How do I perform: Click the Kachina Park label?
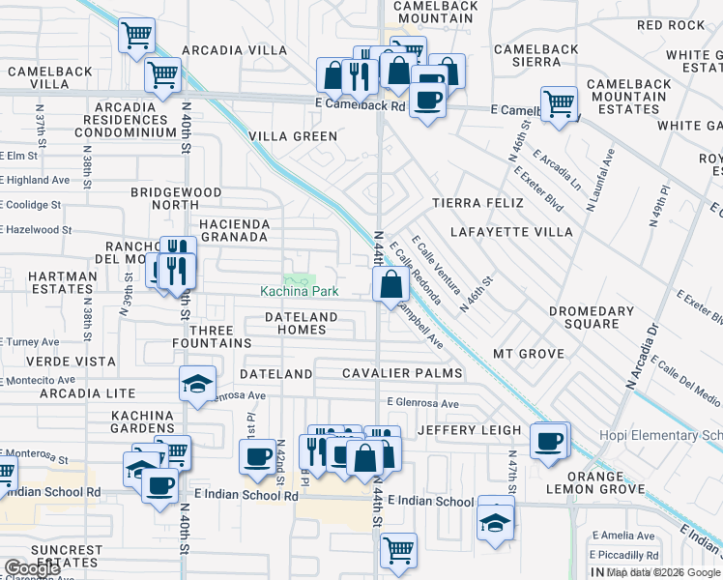click(300, 291)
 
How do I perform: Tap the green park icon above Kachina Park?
click(300, 278)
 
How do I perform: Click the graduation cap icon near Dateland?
click(197, 384)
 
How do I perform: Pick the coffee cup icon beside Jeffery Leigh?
click(549, 440)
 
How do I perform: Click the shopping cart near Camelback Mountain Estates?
click(559, 102)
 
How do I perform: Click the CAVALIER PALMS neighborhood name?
click(403, 373)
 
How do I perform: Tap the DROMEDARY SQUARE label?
click(591, 318)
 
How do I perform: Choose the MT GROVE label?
click(528, 354)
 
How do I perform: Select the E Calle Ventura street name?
click(431, 261)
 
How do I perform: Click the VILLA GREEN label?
click(293, 136)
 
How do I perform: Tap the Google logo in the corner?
click(32, 568)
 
